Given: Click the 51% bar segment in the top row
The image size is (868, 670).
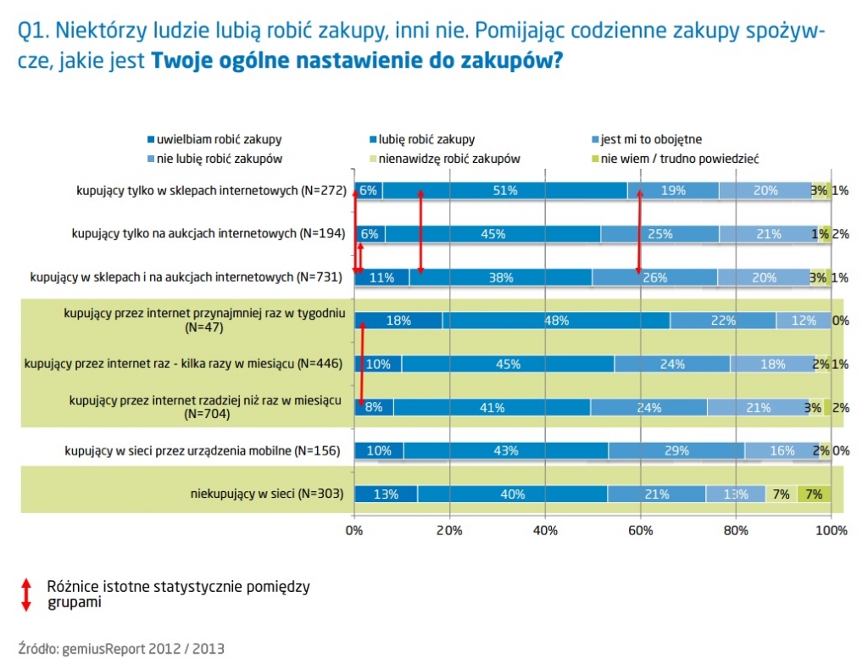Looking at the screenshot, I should [505, 191].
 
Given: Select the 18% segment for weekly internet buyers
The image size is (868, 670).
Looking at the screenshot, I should [398, 321].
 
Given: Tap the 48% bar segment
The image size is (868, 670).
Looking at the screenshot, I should [556, 321].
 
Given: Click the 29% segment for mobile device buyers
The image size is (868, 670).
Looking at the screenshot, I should [677, 450].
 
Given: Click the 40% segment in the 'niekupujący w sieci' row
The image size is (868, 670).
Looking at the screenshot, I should [512, 494].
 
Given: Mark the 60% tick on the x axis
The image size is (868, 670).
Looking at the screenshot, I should [641, 530].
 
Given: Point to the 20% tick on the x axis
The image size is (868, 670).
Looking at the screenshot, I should [449, 530].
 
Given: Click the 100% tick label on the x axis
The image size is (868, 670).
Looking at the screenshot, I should [831, 530].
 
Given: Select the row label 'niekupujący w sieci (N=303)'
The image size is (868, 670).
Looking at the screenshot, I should [266, 494].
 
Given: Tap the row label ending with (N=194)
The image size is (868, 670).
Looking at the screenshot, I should [209, 233].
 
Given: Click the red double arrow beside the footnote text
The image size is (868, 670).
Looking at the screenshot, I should [26, 595].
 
